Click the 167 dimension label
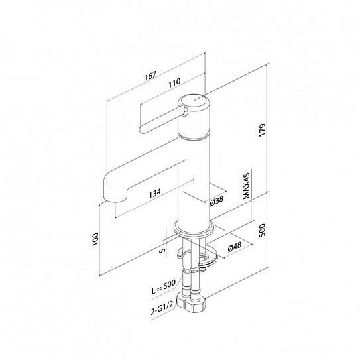(x=150, y=76)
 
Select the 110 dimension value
(x=175, y=84)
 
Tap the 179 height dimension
(x=262, y=131)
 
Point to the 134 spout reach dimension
(x=155, y=193)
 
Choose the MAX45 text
(x=247, y=186)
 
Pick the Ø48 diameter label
(x=235, y=247)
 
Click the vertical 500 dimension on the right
(x=262, y=230)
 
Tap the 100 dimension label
(x=95, y=240)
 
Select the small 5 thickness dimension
(x=162, y=250)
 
